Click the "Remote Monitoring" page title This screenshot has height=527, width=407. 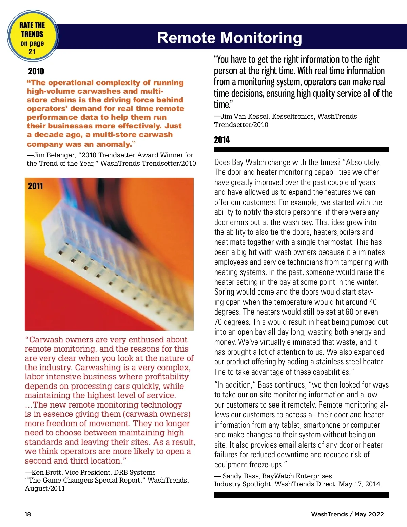(x=230, y=38)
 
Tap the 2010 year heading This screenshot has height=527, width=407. (x=36, y=71)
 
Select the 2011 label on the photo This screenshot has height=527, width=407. (x=36, y=186)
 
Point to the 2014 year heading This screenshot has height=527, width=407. (x=222, y=140)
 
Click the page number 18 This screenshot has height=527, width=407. (x=28, y=514)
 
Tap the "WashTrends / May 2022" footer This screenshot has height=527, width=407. (x=347, y=514)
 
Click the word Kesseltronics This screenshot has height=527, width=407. (x=293, y=117)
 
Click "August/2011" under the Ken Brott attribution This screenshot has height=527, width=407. (x=45, y=489)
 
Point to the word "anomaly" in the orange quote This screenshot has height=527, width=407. (x=114, y=144)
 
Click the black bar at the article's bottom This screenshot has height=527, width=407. (x=302, y=495)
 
